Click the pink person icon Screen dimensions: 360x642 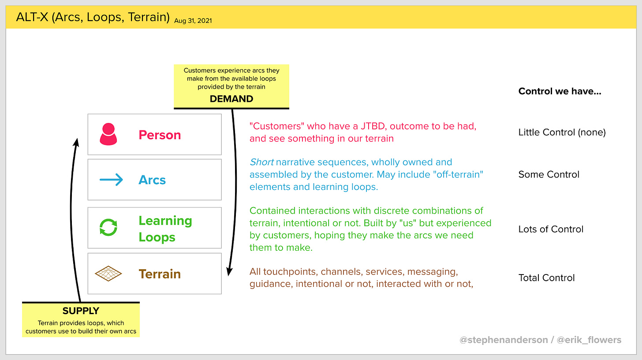(108, 134)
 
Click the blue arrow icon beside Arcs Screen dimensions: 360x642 (111, 180)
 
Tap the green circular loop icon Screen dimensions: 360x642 (108, 228)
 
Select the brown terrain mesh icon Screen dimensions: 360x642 (108, 274)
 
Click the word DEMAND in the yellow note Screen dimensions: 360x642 (231, 99)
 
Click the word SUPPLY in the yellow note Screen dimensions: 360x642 (81, 311)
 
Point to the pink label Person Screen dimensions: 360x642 (160, 135)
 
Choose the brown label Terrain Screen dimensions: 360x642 (160, 274)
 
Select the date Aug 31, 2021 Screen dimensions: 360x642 (193, 20)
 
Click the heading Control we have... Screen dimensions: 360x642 (560, 91)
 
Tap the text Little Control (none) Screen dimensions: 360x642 (562, 132)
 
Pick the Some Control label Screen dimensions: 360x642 (549, 174)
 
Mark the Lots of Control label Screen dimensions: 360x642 (551, 229)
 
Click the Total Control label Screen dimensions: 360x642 (546, 278)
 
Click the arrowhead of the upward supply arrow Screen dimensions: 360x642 (76, 142)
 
